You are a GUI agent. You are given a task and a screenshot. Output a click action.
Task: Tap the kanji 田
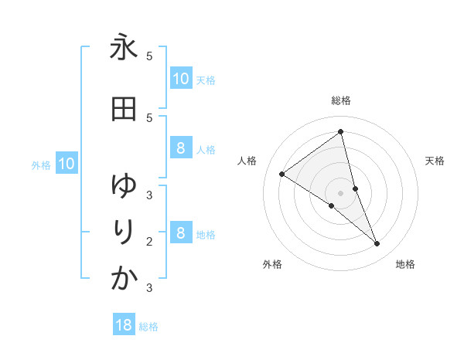(124, 110)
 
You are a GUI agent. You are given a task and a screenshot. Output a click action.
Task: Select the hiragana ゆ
(124, 185)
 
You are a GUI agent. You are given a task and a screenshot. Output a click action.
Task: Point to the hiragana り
(124, 232)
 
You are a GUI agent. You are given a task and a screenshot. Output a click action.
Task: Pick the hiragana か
(124, 279)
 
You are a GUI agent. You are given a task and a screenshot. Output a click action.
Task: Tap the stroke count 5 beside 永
(149, 56)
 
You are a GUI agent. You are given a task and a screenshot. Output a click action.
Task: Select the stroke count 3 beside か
(149, 288)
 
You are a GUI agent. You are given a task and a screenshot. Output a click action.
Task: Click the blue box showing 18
(124, 325)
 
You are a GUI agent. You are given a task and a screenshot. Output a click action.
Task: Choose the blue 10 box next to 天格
(180, 79)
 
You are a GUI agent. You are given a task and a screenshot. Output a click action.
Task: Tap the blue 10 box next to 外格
(66, 164)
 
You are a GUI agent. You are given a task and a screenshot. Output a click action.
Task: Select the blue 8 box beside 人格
(180, 149)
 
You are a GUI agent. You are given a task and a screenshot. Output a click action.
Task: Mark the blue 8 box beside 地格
(180, 233)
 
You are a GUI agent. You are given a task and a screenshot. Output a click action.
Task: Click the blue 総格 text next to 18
(148, 327)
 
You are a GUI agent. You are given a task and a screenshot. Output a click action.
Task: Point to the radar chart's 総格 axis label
(341, 100)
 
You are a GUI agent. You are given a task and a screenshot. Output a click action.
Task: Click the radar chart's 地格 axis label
(405, 265)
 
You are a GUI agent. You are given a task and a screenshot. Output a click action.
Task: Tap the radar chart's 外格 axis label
(272, 265)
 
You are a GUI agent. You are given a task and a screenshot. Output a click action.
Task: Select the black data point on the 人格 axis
(282, 174)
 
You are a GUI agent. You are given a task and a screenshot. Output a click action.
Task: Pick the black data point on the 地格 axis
(377, 243)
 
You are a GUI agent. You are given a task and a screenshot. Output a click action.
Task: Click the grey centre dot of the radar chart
(340, 193)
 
